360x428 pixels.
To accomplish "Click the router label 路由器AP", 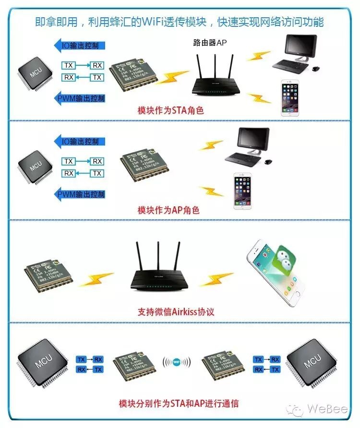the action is (x=210, y=43).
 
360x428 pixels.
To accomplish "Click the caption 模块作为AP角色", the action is (x=168, y=210).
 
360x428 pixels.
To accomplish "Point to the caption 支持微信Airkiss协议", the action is (x=176, y=311).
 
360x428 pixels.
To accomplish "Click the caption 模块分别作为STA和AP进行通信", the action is (x=179, y=403).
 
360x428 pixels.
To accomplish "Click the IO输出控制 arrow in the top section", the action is (x=79, y=46).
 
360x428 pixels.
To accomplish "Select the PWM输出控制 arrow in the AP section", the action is (x=79, y=194).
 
